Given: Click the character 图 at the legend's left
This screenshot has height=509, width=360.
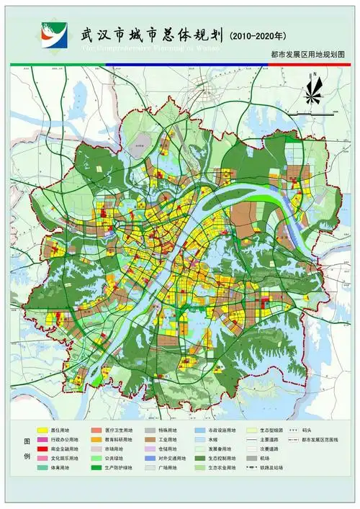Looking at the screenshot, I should point(28,440).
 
